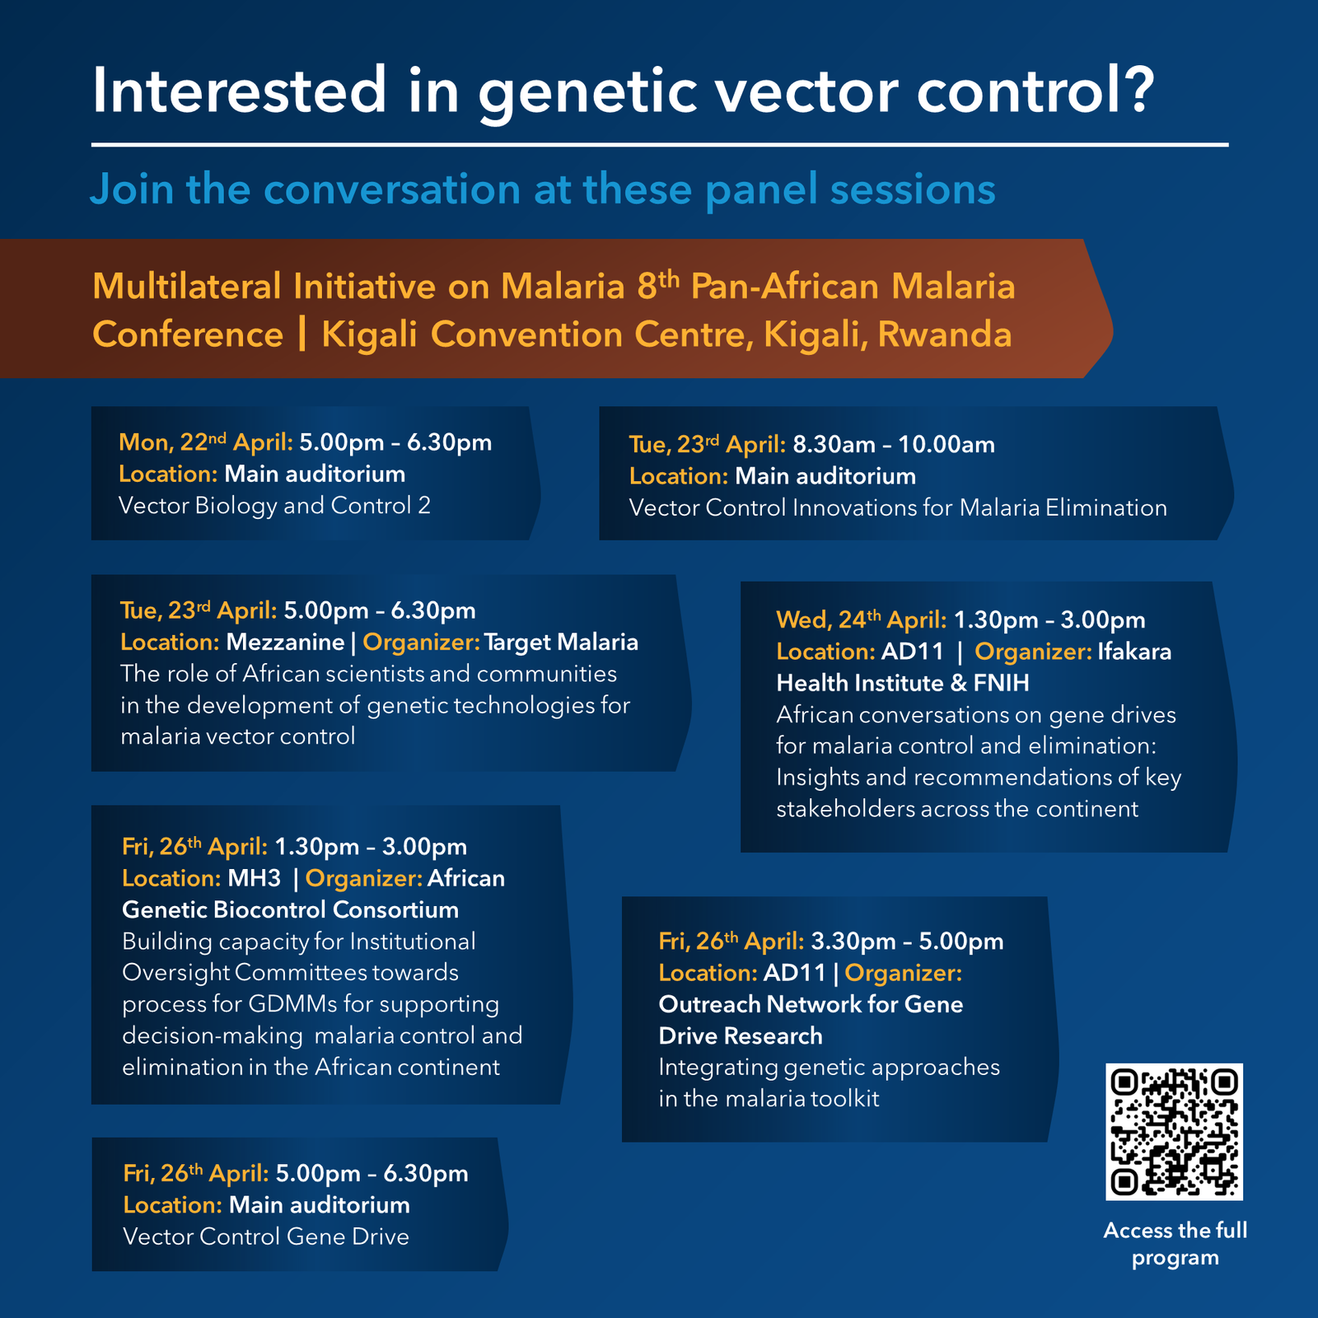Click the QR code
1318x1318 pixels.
coord(1174,1131)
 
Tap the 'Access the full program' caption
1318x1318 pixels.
coord(1175,1244)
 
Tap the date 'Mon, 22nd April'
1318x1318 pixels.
coord(205,442)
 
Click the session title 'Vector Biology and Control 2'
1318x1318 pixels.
coord(274,505)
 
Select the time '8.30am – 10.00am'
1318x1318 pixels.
coord(894,445)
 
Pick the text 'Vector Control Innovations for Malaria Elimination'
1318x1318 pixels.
coord(898,507)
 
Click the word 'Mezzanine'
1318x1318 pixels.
coord(285,642)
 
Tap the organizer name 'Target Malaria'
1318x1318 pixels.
coord(561,642)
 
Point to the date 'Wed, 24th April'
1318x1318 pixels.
coord(861,619)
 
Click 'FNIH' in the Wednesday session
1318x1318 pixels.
coord(1001,683)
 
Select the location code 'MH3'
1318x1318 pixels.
coord(254,878)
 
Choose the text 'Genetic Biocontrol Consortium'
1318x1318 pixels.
coord(290,909)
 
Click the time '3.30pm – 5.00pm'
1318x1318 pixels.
coord(907,941)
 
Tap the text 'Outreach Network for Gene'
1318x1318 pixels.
coord(811,1004)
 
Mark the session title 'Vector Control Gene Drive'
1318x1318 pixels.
coord(266,1236)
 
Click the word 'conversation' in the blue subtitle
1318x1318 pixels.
coord(392,189)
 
